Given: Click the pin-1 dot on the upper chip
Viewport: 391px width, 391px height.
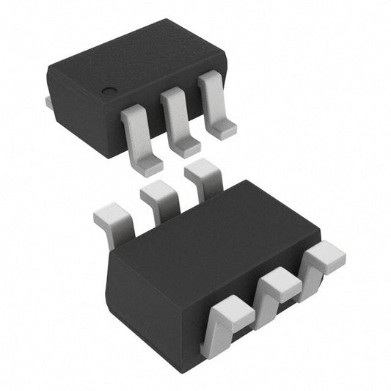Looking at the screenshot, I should tap(109, 91).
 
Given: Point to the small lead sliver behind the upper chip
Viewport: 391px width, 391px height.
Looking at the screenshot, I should tap(48, 102).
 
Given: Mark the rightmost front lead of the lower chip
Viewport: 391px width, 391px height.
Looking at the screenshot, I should tap(322, 257).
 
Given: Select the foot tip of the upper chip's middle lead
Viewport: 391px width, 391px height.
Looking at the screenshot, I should tap(186, 146).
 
